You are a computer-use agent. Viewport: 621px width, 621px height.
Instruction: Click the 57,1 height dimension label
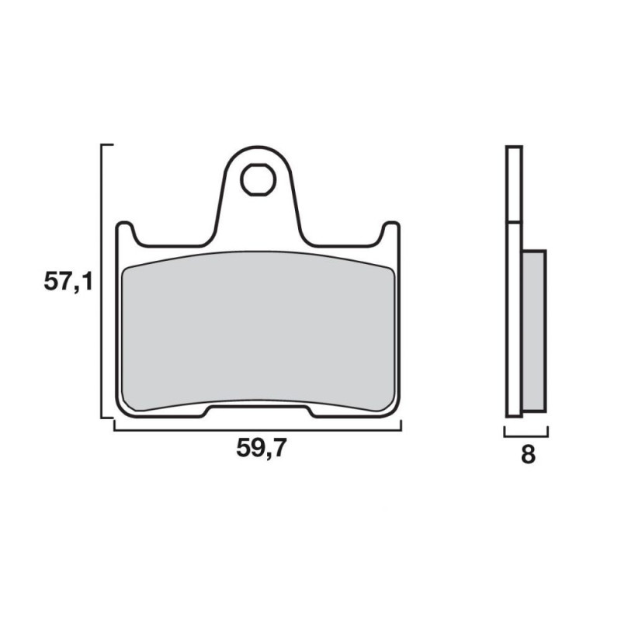(68, 283)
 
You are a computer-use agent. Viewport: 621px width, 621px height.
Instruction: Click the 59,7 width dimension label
(261, 449)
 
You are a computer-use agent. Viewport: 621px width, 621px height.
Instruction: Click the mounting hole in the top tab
(258, 179)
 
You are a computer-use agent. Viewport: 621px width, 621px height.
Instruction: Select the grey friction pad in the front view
(258, 331)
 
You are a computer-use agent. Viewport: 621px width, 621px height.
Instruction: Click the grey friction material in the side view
(534, 331)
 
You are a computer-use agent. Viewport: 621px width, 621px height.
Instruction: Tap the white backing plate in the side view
(514, 281)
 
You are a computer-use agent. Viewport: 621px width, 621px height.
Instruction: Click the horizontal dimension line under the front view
(258, 430)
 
